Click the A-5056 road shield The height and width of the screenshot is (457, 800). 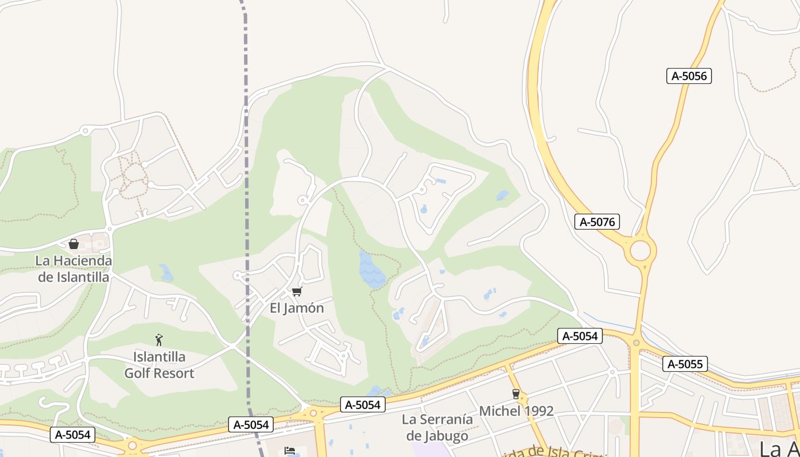click(689, 76)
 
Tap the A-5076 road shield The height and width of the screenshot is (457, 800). click(597, 222)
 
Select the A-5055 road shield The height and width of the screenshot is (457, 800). click(685, 364)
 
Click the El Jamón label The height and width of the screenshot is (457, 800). click(297, 308)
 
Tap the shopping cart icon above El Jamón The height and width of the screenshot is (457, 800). click(297, 292)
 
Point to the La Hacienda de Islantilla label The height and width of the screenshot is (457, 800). click(74, 268)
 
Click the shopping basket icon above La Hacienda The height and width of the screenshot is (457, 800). click(74, 244)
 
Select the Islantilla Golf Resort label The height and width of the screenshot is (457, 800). click(159, 365)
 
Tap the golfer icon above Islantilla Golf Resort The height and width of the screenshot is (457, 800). click(159, 340)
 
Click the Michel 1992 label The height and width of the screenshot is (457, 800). click(516, 411)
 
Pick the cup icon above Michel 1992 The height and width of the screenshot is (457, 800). click(516, 394)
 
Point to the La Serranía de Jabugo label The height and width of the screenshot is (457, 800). click(438, 428)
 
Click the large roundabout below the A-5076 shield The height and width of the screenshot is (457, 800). click(641, 250)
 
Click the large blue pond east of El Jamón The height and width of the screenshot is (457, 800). click(371, 269)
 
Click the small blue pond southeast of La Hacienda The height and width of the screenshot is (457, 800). click(166, 272)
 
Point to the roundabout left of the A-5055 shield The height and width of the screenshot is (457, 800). click(635, 343)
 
